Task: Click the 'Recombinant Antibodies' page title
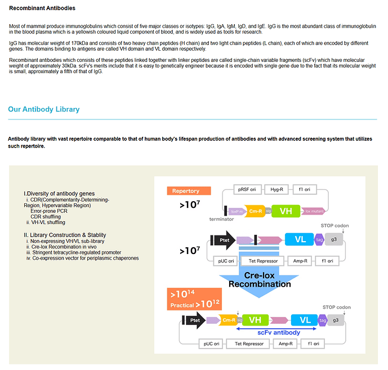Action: pyautogui.click(x=42, y=8)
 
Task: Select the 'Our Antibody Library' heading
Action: pyautogui.click(x=44, y=109)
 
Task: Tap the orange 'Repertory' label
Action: pyautogui.click(x=186, y=191)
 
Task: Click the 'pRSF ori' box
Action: pyautogui.click(x=247, y=190)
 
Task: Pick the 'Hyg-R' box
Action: pyautogui.click(x=277, y=190)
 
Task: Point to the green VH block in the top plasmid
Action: pyautogui.click(x=286, y=211)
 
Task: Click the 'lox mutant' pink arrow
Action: pyautogui.click(x=315, y=212)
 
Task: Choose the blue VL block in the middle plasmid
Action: pyautogui.click(x=300, y=240)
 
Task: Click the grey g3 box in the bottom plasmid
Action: pyautogui.click(x=337, y=320)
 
